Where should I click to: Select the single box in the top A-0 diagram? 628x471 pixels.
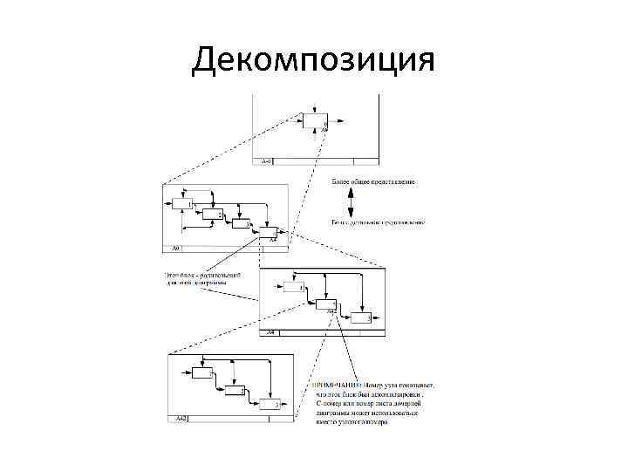(x=315, y=121)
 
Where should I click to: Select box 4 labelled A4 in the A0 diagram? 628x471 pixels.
(x=268, y=233)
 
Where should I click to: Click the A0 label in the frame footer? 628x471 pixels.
(x=175, y=249)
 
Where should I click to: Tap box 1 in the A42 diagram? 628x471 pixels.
(x=201, y=372)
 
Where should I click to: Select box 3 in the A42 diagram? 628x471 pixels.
(x=266, y=403)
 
